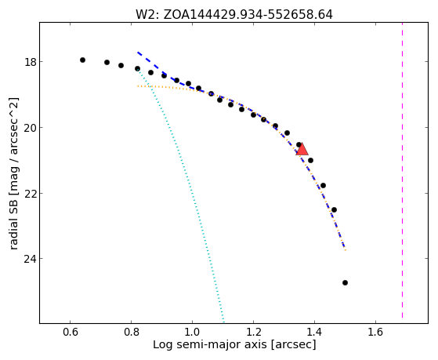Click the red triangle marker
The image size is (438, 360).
pos(302,149)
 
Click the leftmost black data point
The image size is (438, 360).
pos(82,60)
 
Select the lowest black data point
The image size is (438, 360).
pos(345,283)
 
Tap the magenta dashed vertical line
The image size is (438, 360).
pos(402,170)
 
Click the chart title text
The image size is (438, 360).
pos(234,15)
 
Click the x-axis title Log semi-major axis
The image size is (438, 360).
pos(234,344)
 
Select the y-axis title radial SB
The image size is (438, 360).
pos(13,173)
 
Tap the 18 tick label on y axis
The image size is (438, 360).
pos(30,62)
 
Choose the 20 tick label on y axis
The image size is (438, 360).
pos(30,128)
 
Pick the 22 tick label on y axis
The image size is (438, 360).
pos(30,193)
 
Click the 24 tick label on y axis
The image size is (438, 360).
pos(30,259)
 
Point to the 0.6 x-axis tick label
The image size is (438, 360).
pos(70,332)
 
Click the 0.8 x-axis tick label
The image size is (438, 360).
pos(132,332)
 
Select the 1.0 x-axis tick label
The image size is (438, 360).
pos(192,332)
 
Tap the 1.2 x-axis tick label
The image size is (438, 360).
pos(253,332)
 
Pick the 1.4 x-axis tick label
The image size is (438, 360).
pos(314,332)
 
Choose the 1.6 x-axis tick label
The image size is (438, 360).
pos(375,332)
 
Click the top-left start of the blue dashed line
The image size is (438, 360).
pos(138,53)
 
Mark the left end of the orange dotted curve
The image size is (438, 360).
pos(138,85)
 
